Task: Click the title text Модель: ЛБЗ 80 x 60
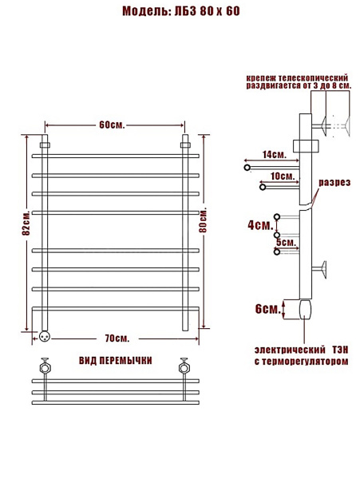coord(181,11)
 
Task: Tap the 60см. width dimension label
coord(112,125)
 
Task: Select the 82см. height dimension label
coord(26,223)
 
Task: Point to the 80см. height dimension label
coord(203,220)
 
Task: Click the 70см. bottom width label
coord(117,338)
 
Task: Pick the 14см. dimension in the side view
coord(275,155)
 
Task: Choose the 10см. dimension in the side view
coord(283,176)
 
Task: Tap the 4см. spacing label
coord(260,225)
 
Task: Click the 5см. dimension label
coord(287,242)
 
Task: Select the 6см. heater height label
coord(267,309)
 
